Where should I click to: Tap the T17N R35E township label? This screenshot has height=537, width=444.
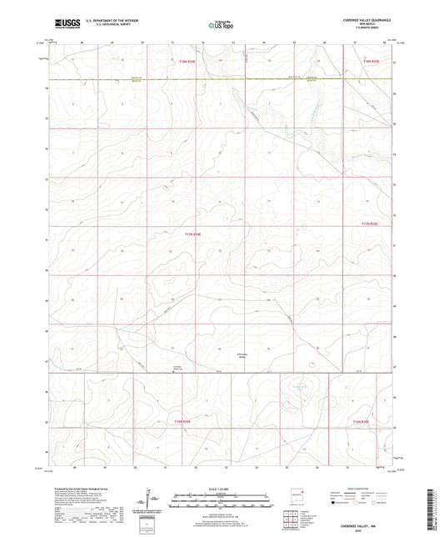coord(369,223)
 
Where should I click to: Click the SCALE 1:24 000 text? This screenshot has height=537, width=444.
coord(221,488)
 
